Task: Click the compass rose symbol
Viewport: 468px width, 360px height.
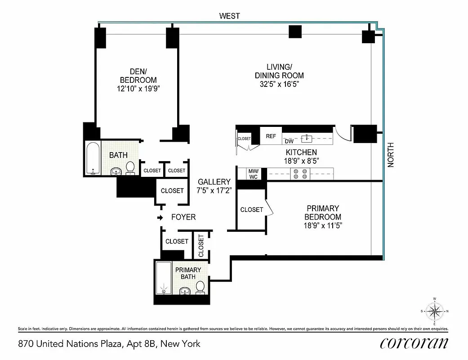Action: pyautogui.click(x=434, y=311)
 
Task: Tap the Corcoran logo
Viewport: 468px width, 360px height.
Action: pyautogui.click(x=414, y=343)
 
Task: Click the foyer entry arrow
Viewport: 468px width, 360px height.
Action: pyautogui.click(x=160, y=218)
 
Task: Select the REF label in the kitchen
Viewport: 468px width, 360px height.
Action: pyautogui.click(x=271, y=136)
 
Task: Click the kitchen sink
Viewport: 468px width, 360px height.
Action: pyautogui.click(x=308, y=137)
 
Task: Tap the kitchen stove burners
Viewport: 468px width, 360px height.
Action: pyautogui.click(x=300, y=174)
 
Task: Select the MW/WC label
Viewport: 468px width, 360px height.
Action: pyautogui.click(x=253, y=174)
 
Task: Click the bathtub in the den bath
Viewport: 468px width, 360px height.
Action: pyautogui.click(x=93, y=158)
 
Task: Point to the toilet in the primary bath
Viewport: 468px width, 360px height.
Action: pyautogui.click(x=201, y=287)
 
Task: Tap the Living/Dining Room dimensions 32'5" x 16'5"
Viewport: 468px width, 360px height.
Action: pyautogui.click(x=279, y=84)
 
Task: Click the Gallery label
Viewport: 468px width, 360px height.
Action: pyautogui.click(x=214, y=182)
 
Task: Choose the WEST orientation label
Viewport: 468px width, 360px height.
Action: pyautogui.click(x=229, y=16)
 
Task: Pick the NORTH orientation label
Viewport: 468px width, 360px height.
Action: pyautogui.click(x=391, y=155)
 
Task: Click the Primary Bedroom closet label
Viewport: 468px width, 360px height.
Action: pyautogui.click(x=251, y=210)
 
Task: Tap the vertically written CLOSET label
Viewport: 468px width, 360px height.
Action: pyautogui.click(x=201, y=246)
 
